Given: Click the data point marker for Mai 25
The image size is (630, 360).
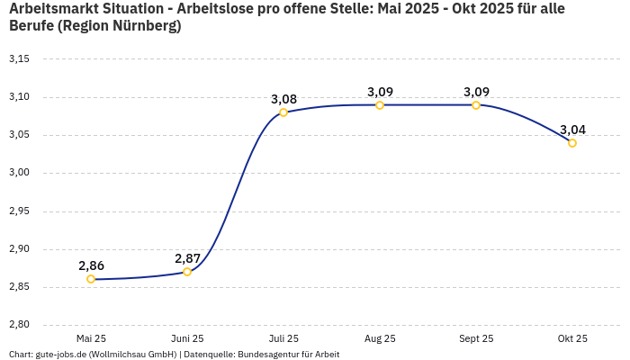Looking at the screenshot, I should [x=91, y=279].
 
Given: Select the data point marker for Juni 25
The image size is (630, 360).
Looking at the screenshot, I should [x=187, y=272].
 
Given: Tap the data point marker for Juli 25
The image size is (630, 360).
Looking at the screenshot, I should [x=283, y=112].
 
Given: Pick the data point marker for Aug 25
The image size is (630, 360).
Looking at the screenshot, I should [x=380, y=105].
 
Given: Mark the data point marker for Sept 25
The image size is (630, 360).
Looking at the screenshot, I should [x=476, y=105].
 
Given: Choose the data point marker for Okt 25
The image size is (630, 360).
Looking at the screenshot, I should [x=572, y=143].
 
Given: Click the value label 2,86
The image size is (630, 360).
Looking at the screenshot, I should [x=91, y=265].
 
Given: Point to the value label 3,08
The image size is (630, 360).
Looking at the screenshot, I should [x=283, y=99].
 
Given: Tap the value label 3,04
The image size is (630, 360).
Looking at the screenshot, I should [x=572, y=130].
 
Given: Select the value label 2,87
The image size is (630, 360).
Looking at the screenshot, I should [x=187, y=258].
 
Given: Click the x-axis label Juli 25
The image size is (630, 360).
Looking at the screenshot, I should [x=283, y=338].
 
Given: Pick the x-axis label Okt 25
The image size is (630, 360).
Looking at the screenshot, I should [x=572, y=338].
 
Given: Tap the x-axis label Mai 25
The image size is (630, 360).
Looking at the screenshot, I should [x=91, y=338].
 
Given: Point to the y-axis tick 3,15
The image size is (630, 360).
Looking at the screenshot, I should [x=19, y=59].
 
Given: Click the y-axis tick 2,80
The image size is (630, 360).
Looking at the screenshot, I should [x=19, y=325].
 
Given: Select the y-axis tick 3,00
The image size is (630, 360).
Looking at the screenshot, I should [x=19, y=173].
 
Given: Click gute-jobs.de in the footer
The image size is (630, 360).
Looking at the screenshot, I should [x=60, y=355].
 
